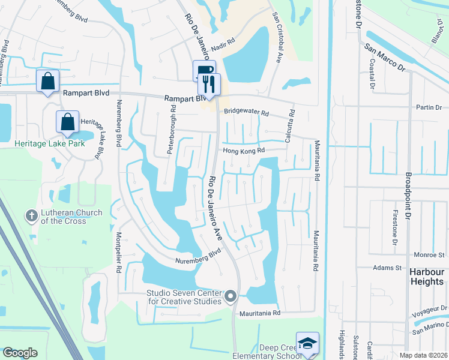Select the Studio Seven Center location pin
pos(231,296)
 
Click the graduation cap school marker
pos(307,343)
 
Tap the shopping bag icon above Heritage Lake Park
pos(68,122)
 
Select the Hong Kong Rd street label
pos(244,152)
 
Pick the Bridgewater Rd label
pos(246,112)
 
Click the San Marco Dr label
pos(384,58)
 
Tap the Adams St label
pos(387,268)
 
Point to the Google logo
pos(20,353)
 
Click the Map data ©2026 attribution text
pos(423,355)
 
